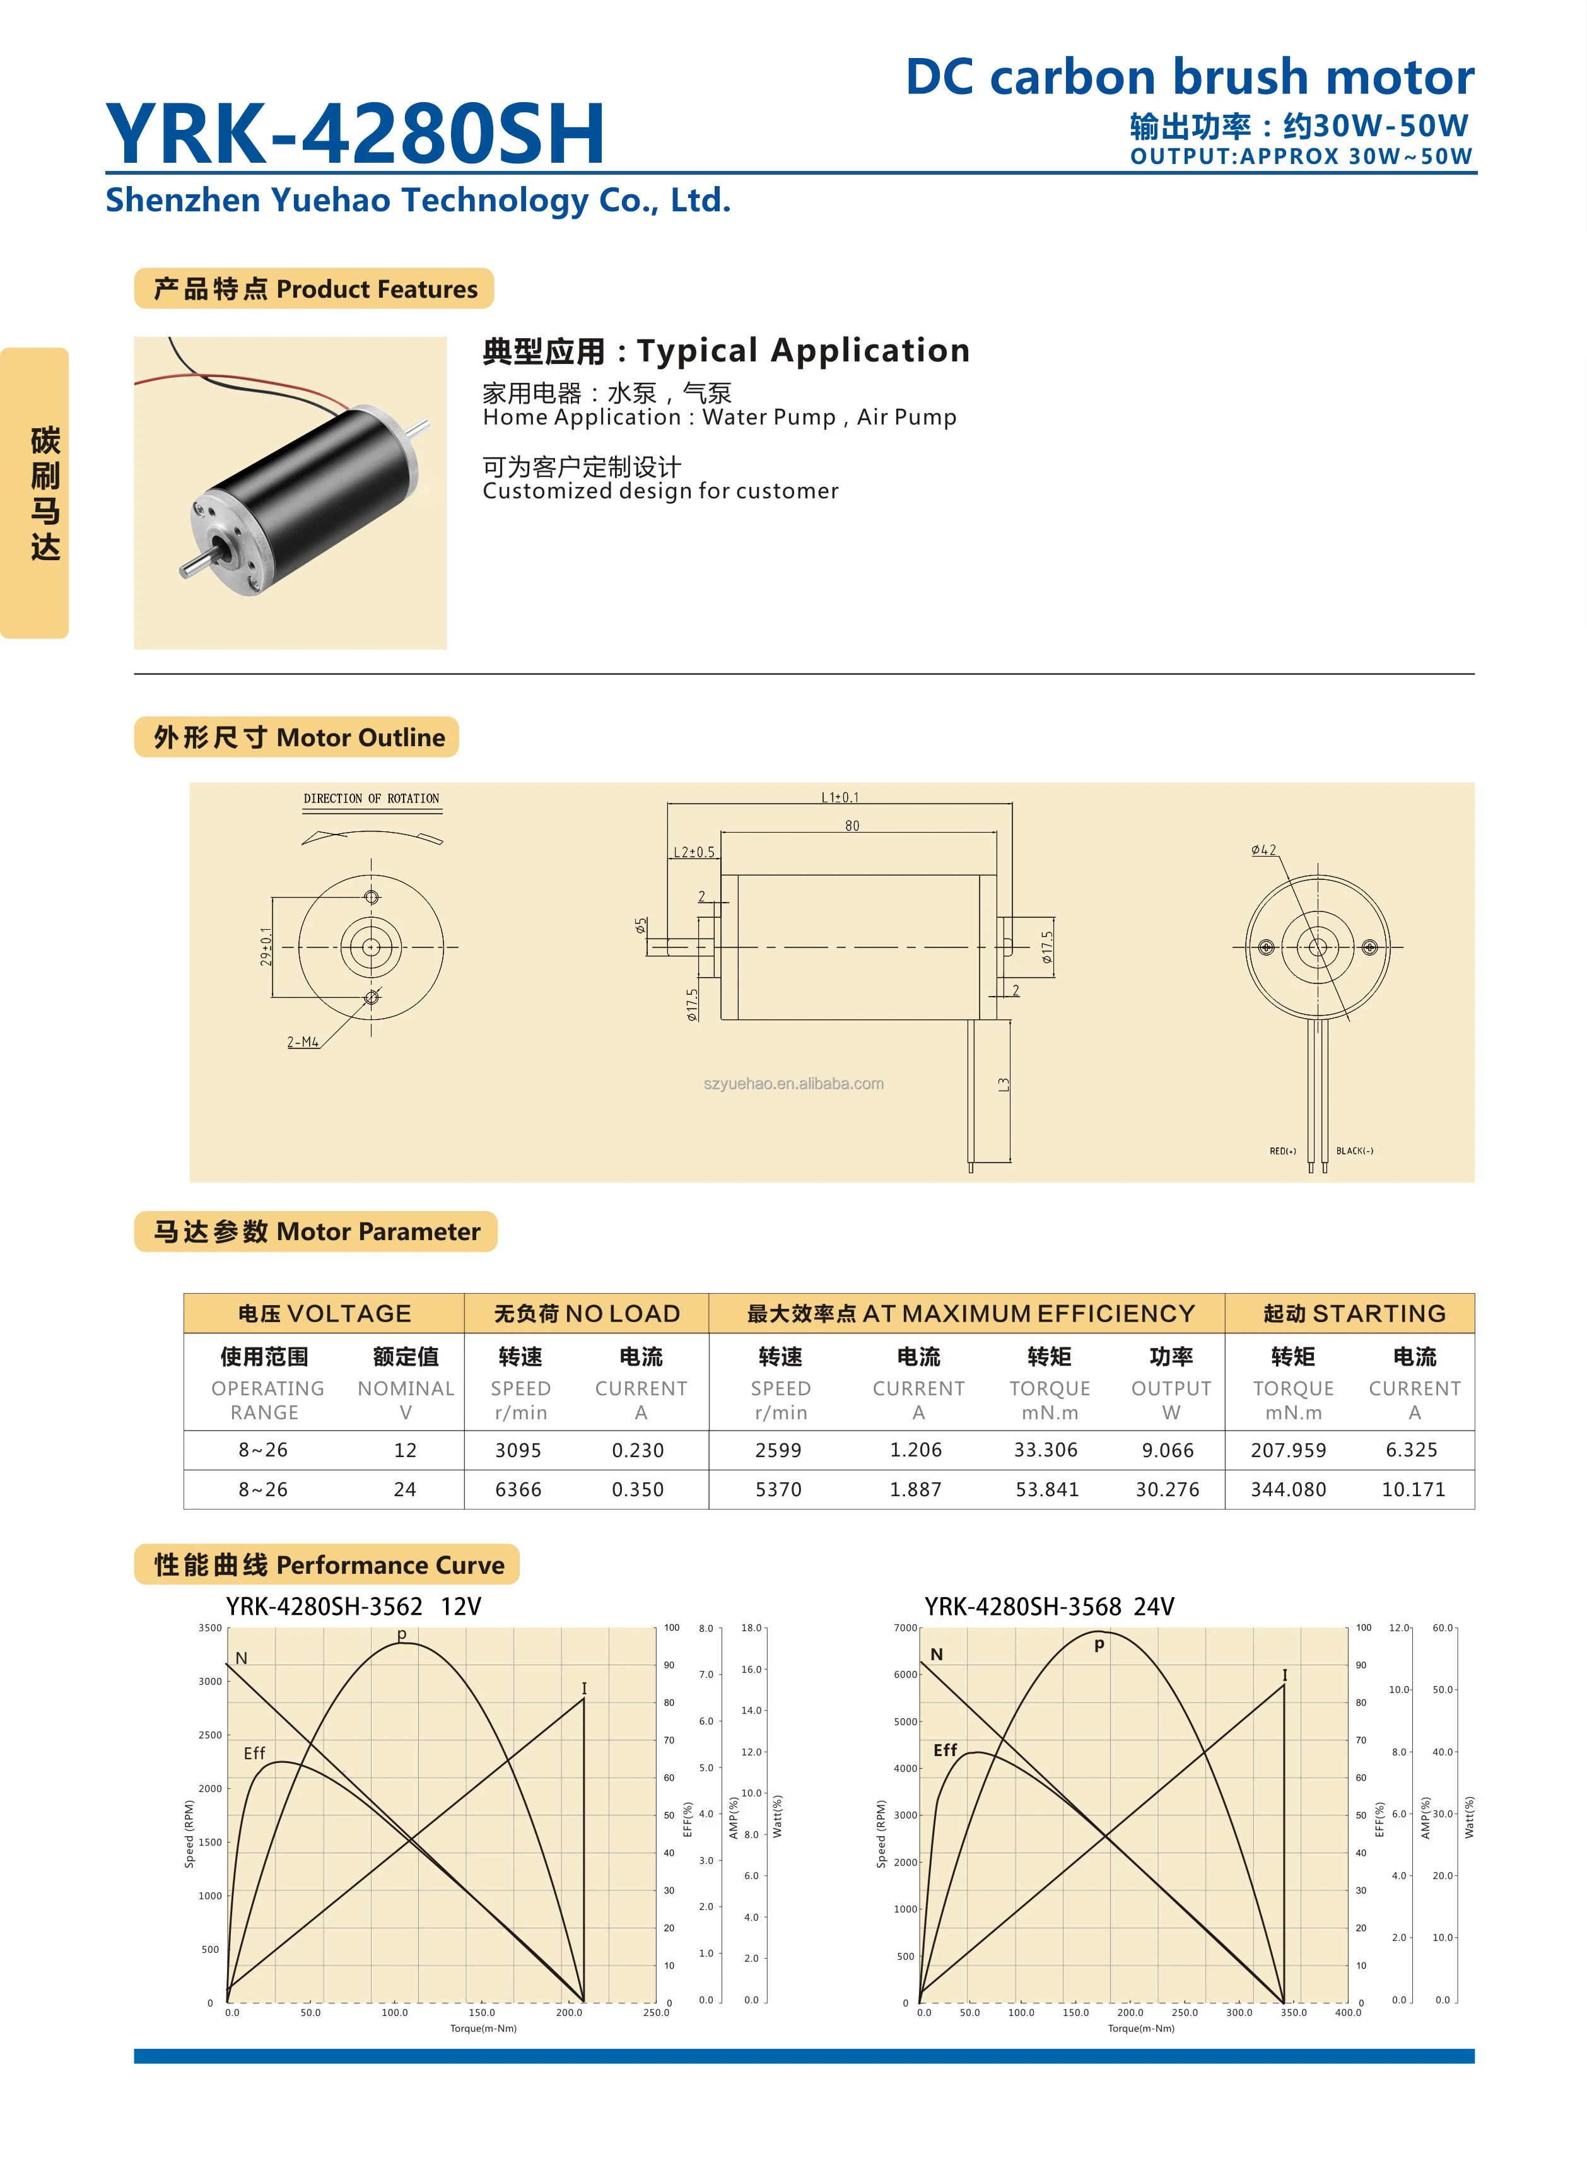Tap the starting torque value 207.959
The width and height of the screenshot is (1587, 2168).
[x=1288, y=1450]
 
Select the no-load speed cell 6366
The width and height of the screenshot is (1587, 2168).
[x=518, y=1489]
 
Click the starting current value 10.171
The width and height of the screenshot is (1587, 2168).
[x=1412, y=1489]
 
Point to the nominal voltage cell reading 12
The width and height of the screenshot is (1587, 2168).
[x=406, y=1450]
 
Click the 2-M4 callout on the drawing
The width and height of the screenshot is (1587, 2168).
[x=303, y=1042]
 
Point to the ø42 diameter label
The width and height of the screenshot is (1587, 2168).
[x=1263, y=850]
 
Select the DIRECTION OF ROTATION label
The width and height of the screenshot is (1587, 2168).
[x=371, y=798]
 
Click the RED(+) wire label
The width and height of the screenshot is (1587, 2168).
[x=1282, y=1151]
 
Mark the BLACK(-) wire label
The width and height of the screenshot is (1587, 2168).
[x=1354, y=1151]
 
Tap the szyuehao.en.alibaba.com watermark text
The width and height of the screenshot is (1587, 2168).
[x=793, y=1084]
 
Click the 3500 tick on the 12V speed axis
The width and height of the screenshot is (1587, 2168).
[x=211, y=1628]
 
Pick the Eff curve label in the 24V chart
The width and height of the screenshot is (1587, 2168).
[x=946, y=1750]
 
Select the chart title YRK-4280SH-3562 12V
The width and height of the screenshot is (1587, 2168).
[x=353, y=1606]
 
